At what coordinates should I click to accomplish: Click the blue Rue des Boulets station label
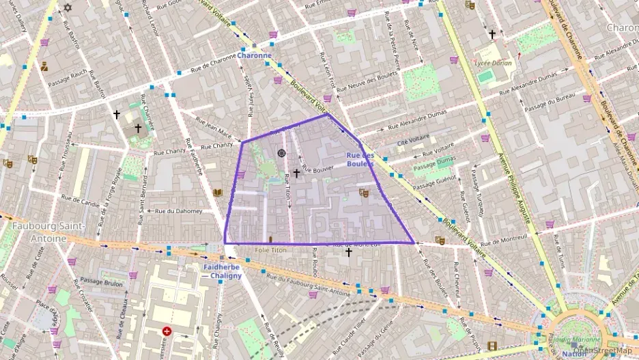coord(360,159)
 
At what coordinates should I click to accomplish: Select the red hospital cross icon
coord(167,331)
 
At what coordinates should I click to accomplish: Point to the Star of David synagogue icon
coord(67,8)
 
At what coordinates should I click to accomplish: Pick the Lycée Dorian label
coord(494,62)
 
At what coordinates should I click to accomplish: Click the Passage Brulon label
coord(101,281)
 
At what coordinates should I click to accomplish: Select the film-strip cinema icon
coord(492,346)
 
